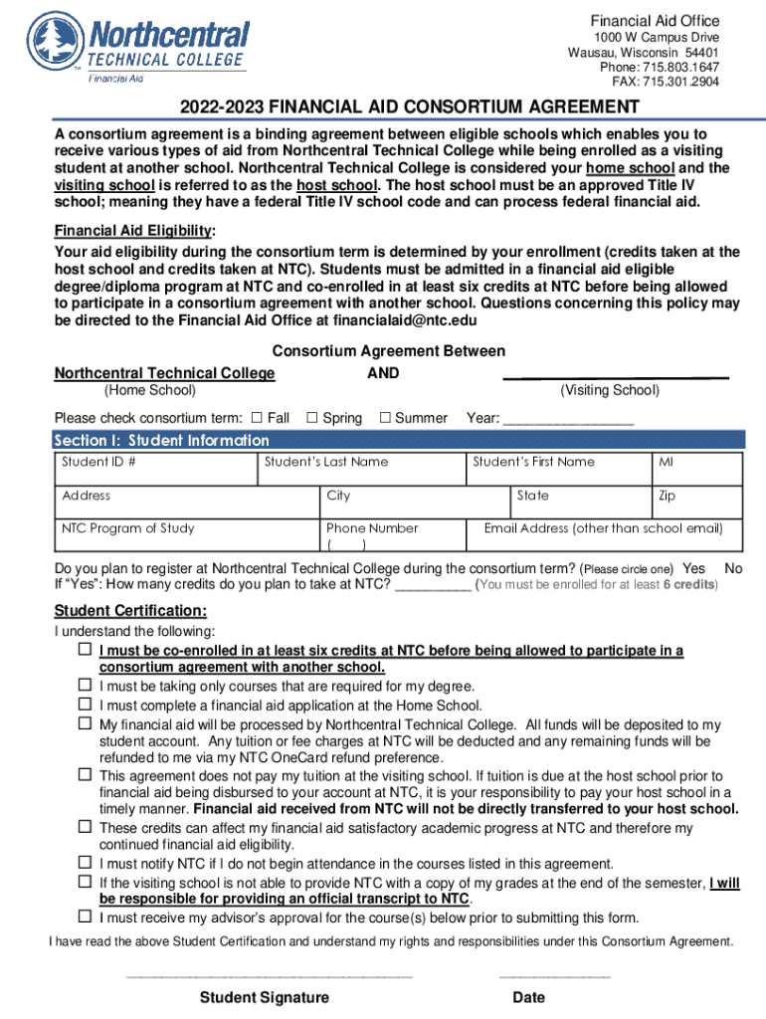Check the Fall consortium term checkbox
click(256, 418)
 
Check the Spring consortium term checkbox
click(311, 418)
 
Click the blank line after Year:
click(568, 420)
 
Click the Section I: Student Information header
click(161, 440)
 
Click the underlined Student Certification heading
click(130, 610)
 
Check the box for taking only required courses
click(86, 686)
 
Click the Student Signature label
click(265, 998)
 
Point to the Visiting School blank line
click(616, 376)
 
